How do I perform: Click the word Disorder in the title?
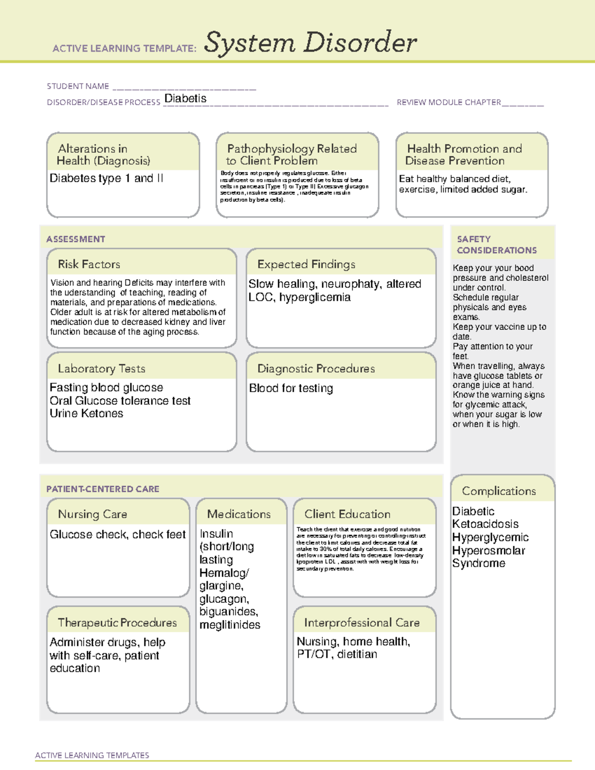coord(360,43)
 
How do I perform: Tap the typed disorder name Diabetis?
coord(185,98)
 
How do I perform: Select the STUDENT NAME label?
coord(78,86)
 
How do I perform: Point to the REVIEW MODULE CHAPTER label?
coord(449,103)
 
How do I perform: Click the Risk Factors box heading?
coord(89,264)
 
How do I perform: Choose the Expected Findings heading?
coord(306,264)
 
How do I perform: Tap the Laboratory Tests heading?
coord(102,368)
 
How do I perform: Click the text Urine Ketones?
coord(86,413)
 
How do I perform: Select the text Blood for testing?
coord(291,388)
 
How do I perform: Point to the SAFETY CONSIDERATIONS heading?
coord(496,245)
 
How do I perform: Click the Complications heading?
coord(499,491)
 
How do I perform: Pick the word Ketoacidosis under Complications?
coord(485,524)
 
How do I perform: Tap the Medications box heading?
coord(239,514)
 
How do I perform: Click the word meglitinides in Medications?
coord(230,625)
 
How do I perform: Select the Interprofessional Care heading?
coord(362,622)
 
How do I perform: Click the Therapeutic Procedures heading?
coord(117,622)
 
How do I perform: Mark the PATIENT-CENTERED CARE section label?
coord(103,489)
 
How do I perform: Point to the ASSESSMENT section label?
coord(76,239)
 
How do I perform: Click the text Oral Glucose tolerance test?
coord(120,401)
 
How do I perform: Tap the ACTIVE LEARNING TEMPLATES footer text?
coord(92,755)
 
